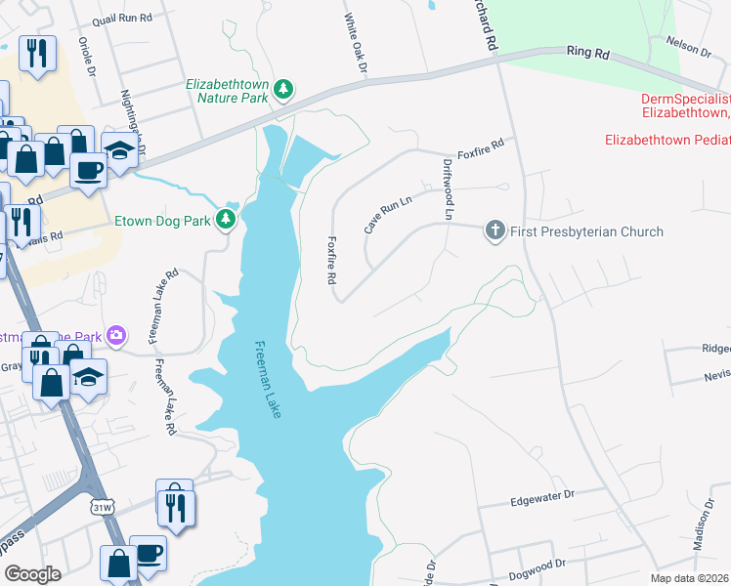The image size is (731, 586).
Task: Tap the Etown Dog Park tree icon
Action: coord(227,220)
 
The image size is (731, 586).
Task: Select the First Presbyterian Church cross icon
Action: coord(495,231)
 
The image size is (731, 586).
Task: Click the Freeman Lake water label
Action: coord(268,380)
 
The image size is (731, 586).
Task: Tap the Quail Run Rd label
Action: coord(122,19)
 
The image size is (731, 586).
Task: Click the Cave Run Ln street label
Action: coord(388,213)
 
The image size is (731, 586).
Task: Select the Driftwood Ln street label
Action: coord(450,188)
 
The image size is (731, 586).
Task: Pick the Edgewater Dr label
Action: coord(541,500)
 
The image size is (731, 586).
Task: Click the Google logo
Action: coord(32,573)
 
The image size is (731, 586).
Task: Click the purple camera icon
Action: coord(117,336)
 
